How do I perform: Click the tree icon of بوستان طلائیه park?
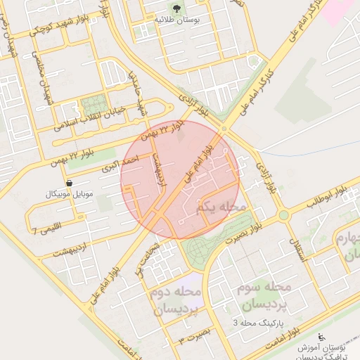tap(176, 9)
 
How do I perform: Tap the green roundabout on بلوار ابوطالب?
tap(283, 215)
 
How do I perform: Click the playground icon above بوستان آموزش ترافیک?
tap(321, 337)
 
